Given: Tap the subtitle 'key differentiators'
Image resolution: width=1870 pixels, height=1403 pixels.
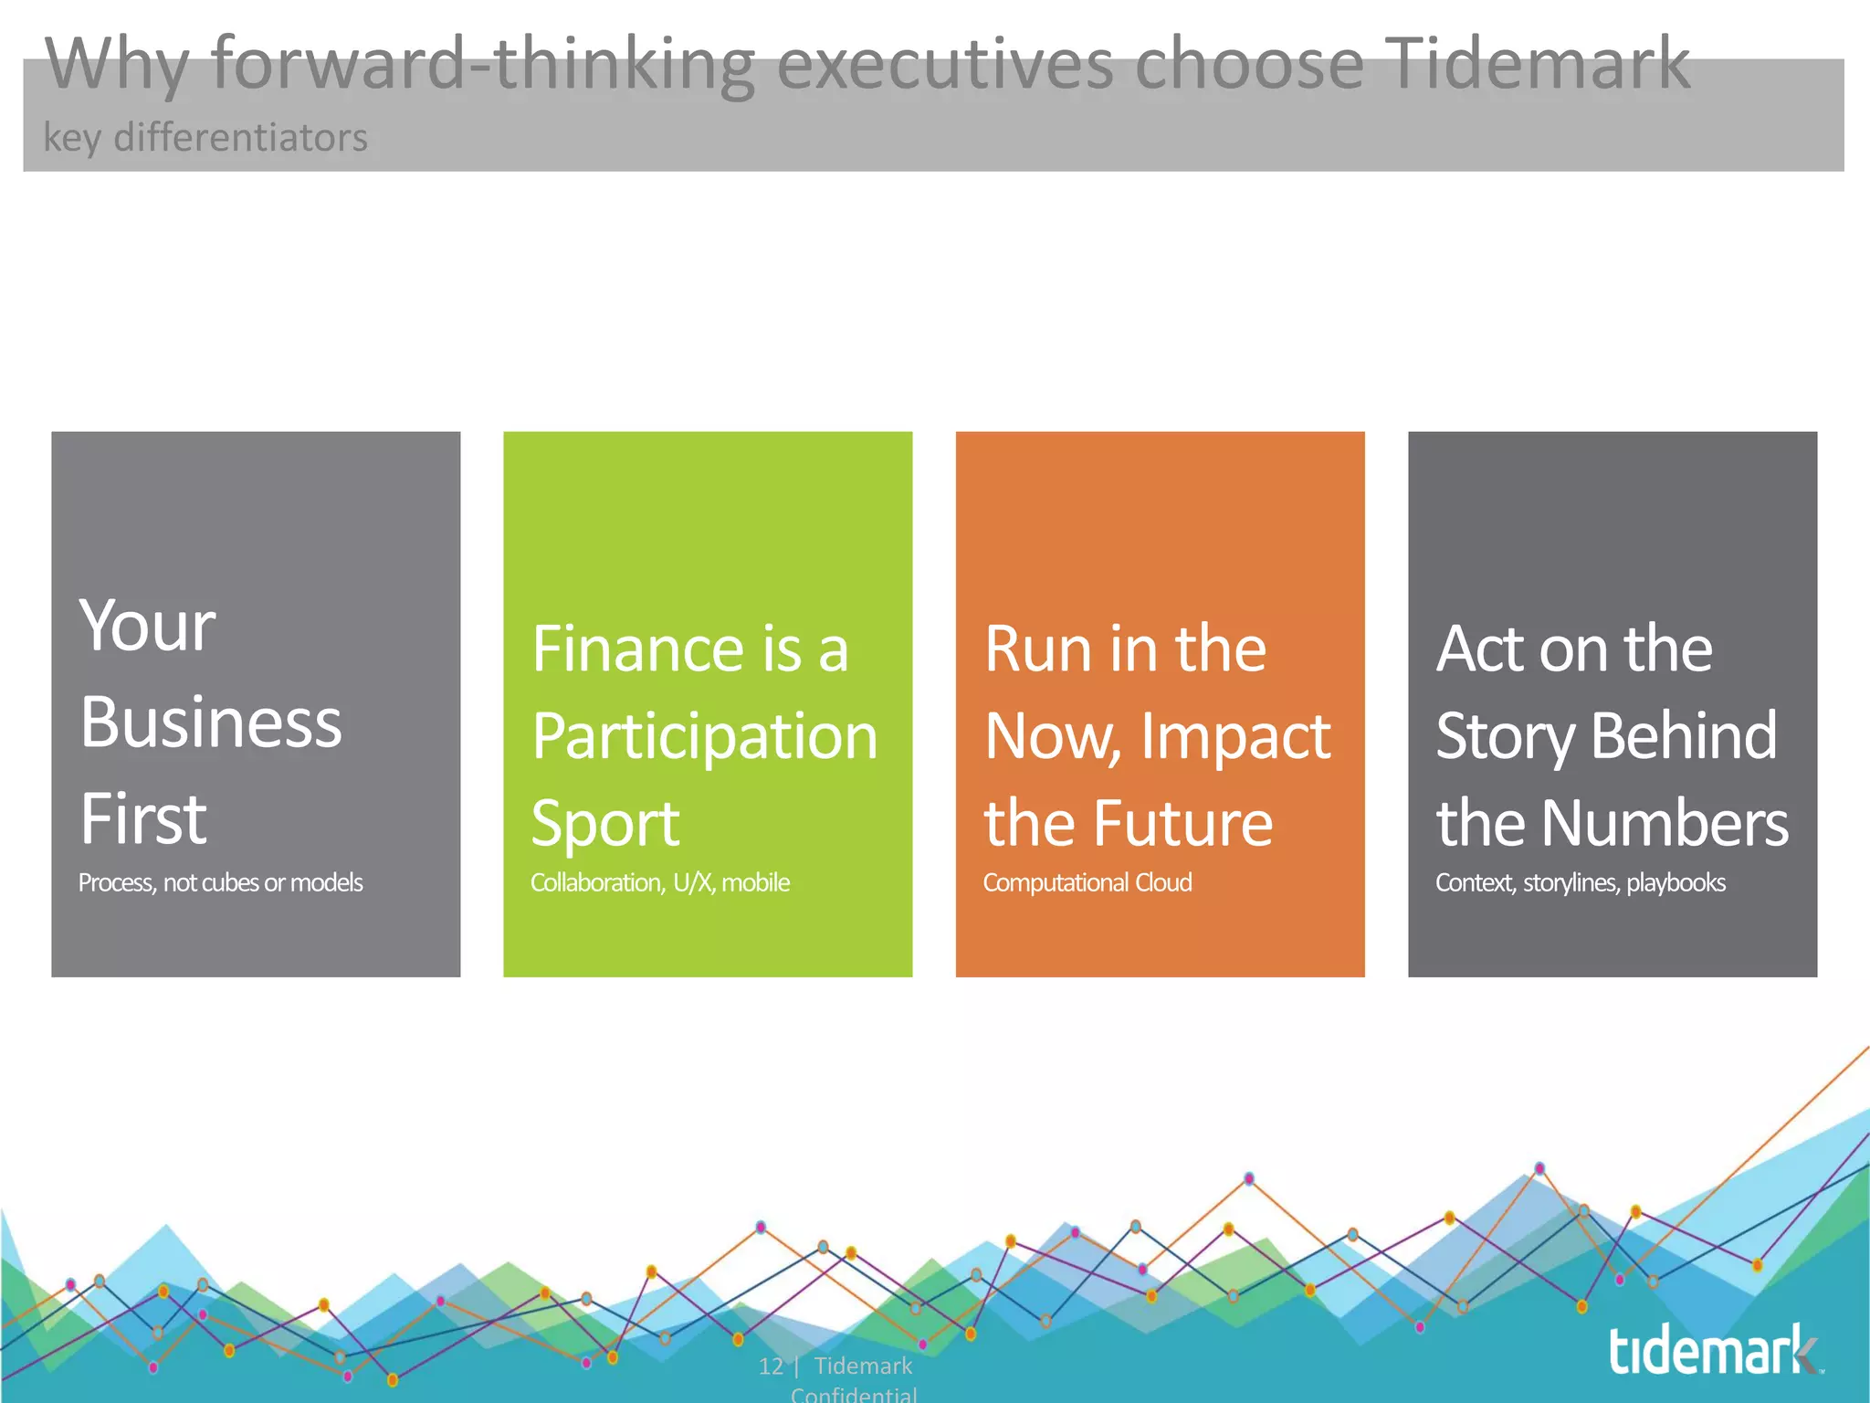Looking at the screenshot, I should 205,138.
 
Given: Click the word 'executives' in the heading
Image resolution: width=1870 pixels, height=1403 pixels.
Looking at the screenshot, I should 945,64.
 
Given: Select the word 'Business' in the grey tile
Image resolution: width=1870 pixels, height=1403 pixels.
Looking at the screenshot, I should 211,723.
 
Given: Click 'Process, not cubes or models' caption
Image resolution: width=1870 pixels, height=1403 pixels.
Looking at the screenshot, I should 220,882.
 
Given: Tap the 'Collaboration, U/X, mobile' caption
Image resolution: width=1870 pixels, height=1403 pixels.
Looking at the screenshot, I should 659,882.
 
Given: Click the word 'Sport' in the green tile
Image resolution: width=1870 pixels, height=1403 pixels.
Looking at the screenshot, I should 605,824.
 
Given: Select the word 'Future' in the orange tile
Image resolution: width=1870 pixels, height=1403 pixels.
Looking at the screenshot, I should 1183,824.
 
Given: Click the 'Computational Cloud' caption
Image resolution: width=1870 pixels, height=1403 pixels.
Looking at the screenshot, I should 1087,882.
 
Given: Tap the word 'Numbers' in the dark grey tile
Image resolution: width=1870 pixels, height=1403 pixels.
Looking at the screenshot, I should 1665,824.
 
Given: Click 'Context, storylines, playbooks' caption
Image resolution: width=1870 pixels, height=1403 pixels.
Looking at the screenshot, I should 1580,882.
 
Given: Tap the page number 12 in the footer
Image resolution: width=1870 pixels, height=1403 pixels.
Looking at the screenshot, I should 770,1366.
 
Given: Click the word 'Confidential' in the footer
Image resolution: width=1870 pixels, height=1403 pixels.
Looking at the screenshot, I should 854,1394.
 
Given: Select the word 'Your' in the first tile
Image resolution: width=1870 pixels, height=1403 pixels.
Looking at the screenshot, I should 148,627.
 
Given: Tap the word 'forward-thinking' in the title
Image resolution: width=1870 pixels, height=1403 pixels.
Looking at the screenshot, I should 482,64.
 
